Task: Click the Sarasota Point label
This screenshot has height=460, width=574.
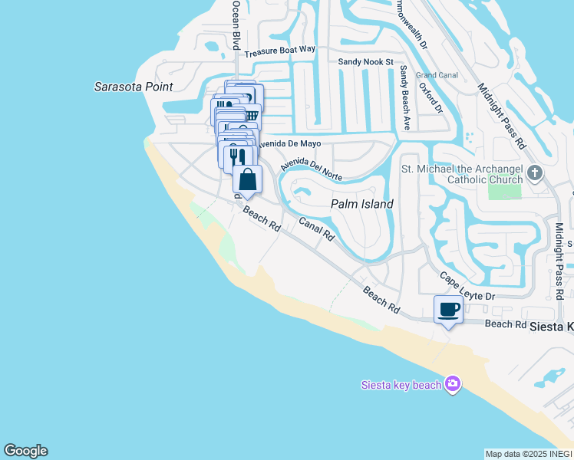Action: coord(133,87)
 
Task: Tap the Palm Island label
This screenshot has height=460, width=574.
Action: coord(362,204)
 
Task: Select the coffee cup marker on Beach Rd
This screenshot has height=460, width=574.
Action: coord(449,310)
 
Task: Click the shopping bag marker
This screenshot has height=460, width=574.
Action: coord(248,180)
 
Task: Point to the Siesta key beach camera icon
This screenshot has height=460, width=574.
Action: coord(453,383)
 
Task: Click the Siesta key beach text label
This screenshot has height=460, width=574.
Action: coord(401,384)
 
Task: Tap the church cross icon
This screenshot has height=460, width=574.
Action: coord(535,173)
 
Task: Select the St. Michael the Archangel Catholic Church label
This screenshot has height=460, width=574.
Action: coord(462,173)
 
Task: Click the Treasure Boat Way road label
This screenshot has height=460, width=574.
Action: coord(280,51)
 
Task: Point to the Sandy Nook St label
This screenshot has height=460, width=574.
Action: coord(366,61)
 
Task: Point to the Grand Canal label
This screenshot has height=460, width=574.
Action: coord(437,75)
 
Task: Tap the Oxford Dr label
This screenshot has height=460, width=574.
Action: coord(431,97)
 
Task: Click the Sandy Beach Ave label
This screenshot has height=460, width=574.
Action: coord(404,97)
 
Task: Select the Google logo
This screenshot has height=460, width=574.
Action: coord(25,451)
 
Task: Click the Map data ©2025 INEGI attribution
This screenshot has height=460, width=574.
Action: coord(528,454)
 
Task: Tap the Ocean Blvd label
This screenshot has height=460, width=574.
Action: coord(236,25)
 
